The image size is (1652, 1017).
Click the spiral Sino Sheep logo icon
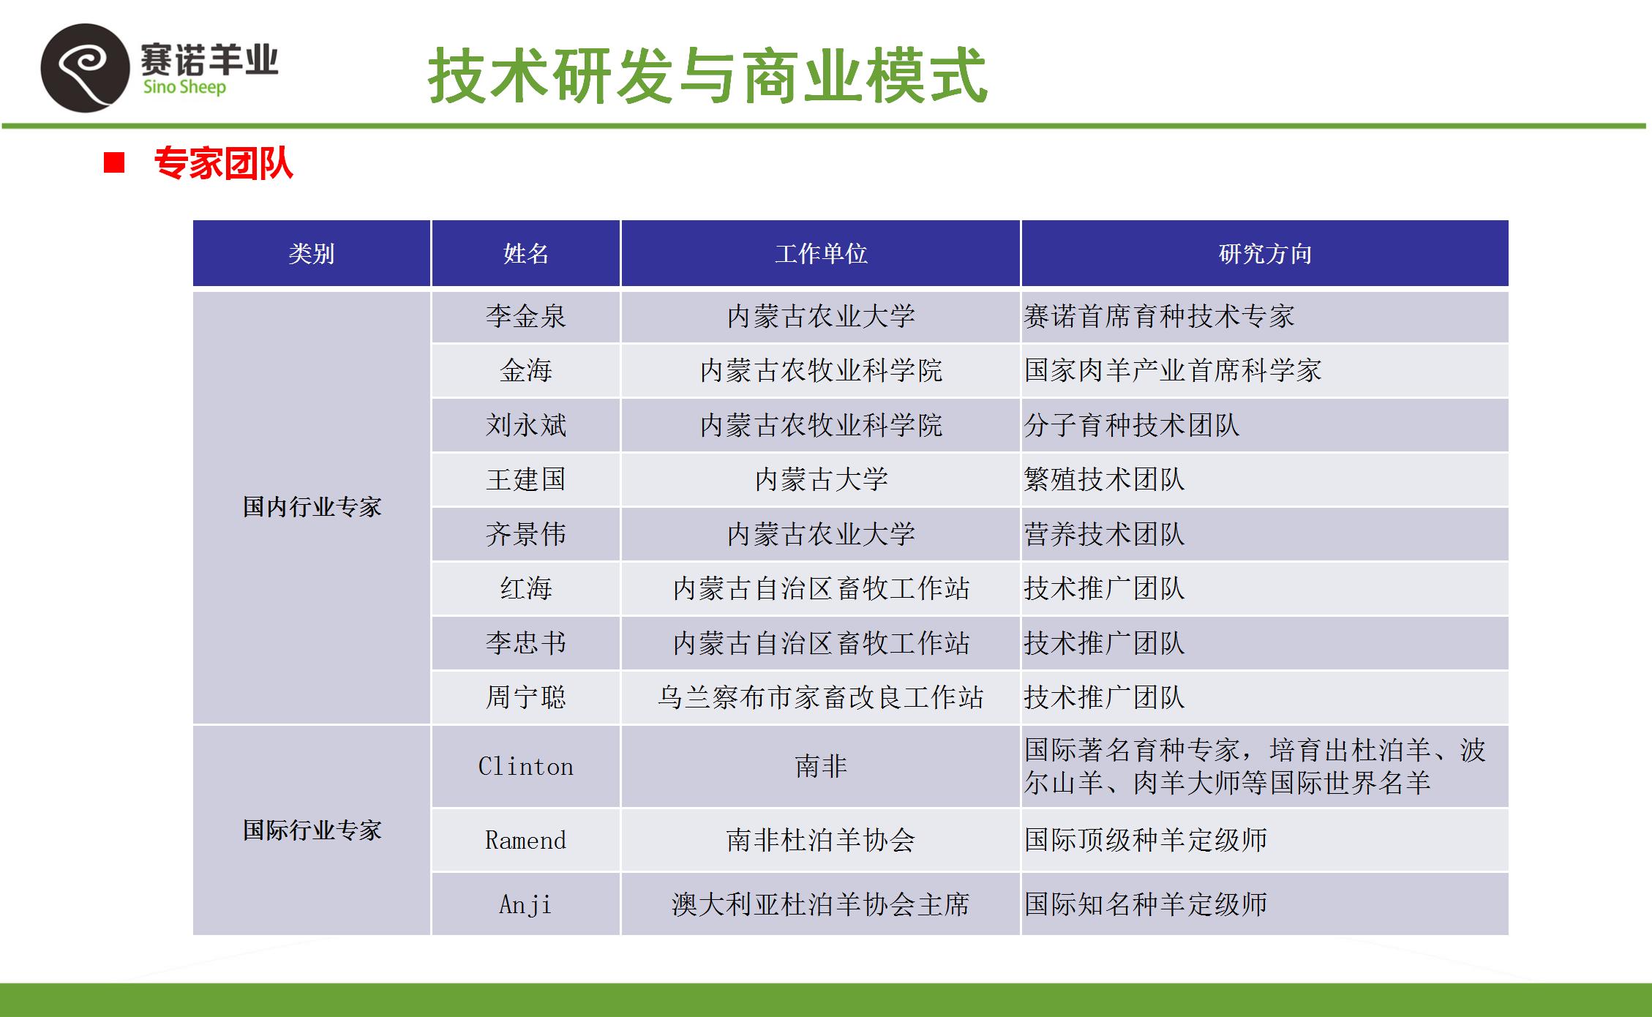(85, 68)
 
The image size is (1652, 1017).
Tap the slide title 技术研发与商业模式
(707, 75)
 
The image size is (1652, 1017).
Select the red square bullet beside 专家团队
(114, 162)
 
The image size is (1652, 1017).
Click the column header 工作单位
(821, 254)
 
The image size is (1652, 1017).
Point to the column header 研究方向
(1265, 254)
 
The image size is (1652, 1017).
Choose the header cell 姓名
(526, 254)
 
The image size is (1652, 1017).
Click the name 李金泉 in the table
(526, 316)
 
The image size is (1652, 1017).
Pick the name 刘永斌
(526, 425)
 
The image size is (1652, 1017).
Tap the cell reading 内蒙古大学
(821, 479)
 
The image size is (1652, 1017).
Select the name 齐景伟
(526, 534)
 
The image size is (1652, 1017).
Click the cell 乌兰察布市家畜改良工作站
(821, 697)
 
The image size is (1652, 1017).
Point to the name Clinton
(526, 766)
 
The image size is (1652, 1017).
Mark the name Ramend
(526, 840)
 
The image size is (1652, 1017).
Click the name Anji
(526, 904)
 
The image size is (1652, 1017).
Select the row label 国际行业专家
(312, 830)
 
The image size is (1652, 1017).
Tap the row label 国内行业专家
(312, 507)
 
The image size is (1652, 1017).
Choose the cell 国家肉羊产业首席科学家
(1173, 370)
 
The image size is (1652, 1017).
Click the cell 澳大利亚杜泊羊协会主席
(821, 904)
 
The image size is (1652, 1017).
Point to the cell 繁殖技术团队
(1104, 479)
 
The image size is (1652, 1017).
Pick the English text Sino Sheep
(184, 88)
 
